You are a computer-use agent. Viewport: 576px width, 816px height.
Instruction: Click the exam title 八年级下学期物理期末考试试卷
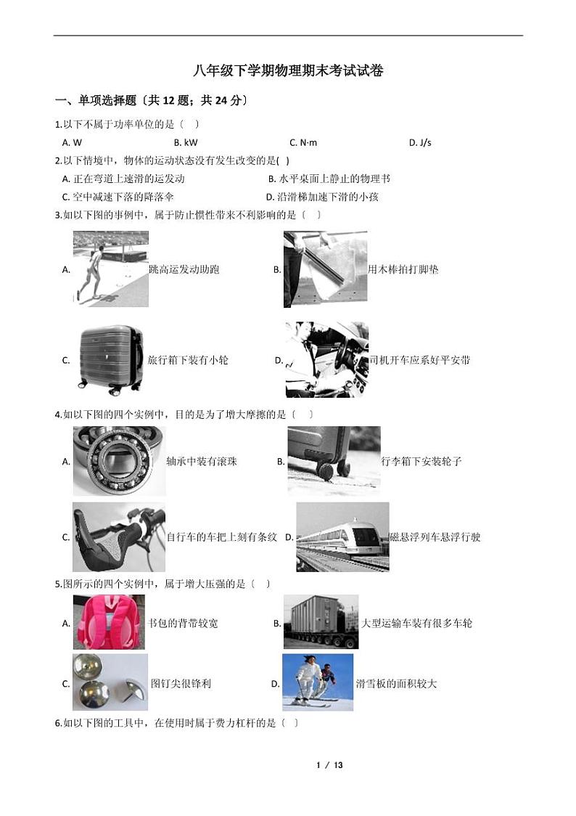288,70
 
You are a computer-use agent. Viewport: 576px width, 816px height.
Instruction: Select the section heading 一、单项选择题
96,100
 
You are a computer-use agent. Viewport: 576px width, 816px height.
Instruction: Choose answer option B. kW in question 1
186,142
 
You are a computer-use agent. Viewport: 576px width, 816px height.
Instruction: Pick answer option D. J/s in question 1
420,142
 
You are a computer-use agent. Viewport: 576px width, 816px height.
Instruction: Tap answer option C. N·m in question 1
303,142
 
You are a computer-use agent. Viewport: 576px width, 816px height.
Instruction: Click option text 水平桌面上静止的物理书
334,179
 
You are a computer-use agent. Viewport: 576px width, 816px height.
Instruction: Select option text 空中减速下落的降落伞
123,197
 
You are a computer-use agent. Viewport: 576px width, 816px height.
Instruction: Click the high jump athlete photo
111,269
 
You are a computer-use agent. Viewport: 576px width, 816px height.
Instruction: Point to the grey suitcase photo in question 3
111,359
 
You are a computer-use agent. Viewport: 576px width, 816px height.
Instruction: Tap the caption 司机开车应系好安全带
419,359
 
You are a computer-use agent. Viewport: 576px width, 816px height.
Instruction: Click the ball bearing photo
119,460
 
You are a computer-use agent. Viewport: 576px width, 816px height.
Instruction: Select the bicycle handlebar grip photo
119,537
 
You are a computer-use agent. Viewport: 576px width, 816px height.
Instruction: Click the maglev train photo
342,537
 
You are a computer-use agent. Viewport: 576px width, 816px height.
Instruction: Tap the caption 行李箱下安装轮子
421,461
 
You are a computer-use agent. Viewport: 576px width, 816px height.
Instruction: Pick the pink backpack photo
109,622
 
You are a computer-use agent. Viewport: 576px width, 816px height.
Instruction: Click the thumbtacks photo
110,682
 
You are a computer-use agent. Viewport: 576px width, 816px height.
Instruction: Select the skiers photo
318,682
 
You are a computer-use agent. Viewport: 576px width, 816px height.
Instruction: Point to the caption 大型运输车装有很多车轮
417,623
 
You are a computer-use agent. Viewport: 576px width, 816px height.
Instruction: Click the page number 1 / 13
329,765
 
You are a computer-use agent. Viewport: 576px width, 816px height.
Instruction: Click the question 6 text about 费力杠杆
177,723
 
